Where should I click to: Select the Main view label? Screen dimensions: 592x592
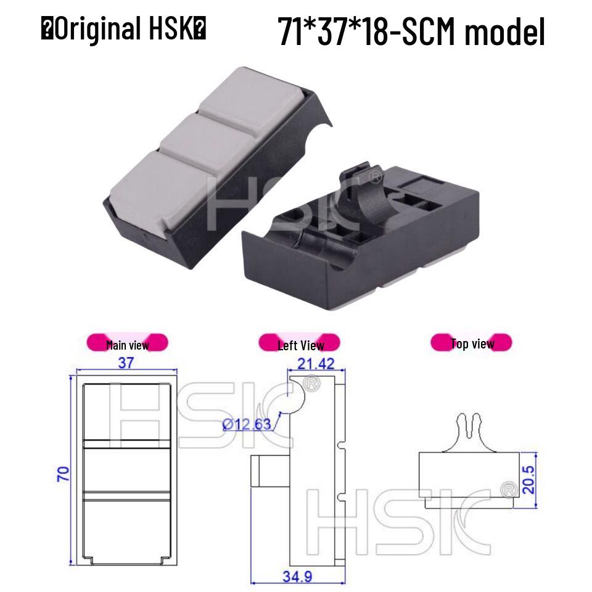tap(127, 344)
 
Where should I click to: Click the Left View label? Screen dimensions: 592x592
tap(300, 344)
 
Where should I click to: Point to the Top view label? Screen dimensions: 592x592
tap(472, 343)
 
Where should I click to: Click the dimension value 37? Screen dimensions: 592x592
tap(126, 363)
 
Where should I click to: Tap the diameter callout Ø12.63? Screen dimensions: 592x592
tap(245, 424)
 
